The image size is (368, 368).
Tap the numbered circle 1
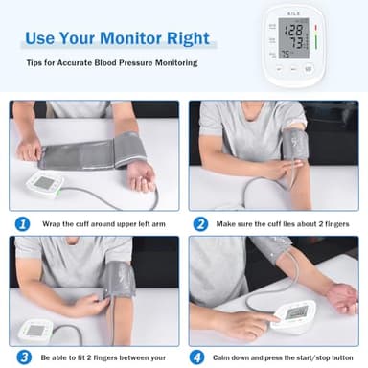[x=23, y=222]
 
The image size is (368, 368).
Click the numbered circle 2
[x=201, y=222]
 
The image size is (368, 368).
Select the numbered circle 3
[x=23, y=356]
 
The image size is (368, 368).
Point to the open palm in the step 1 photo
[x=140, y=175]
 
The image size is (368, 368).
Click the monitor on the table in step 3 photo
[x=38, y=331]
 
